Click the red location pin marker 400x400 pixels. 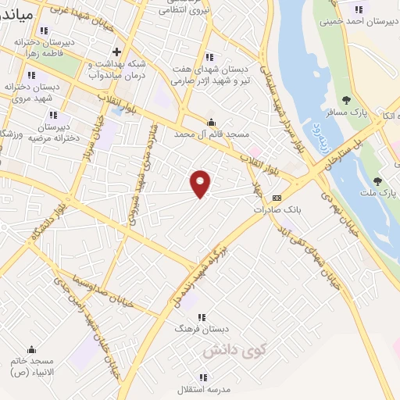(201, 183)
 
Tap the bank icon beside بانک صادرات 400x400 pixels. (277, 198)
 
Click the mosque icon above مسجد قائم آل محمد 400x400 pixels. (210, 122)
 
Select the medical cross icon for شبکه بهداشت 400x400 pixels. (116, 52)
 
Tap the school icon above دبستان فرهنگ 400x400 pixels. (202, 316)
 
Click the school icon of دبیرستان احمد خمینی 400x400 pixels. (358, 9)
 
